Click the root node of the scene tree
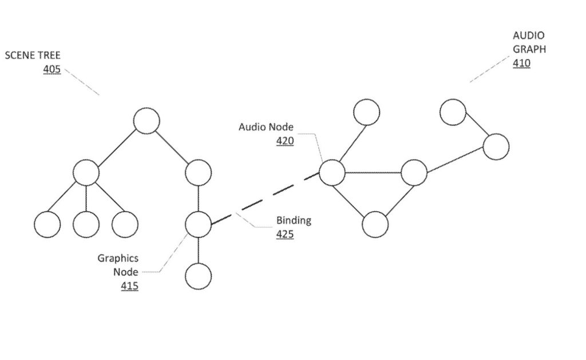146,121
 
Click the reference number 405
52,70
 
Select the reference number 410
521,63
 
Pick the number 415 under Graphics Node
129,285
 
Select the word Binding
294,220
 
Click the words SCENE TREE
33,56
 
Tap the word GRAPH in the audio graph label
529,49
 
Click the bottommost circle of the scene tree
198,276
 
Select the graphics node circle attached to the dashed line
198,224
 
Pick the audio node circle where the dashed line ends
331,172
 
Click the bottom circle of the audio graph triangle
375,224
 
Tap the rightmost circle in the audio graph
496,147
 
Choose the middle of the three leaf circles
86,224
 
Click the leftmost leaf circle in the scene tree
47,224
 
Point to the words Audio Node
266,127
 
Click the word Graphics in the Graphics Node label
117,258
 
